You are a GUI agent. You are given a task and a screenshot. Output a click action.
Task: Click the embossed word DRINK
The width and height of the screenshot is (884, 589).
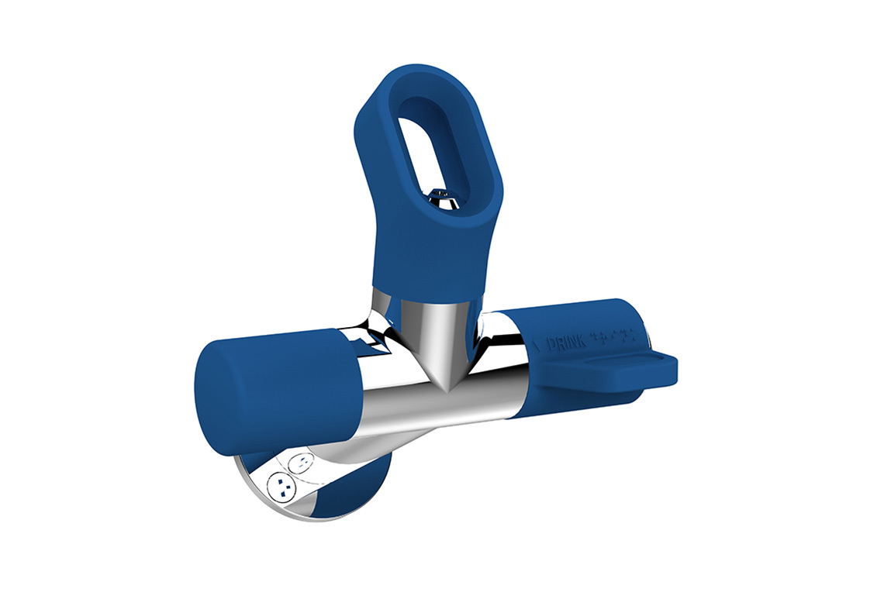(565, 342)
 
